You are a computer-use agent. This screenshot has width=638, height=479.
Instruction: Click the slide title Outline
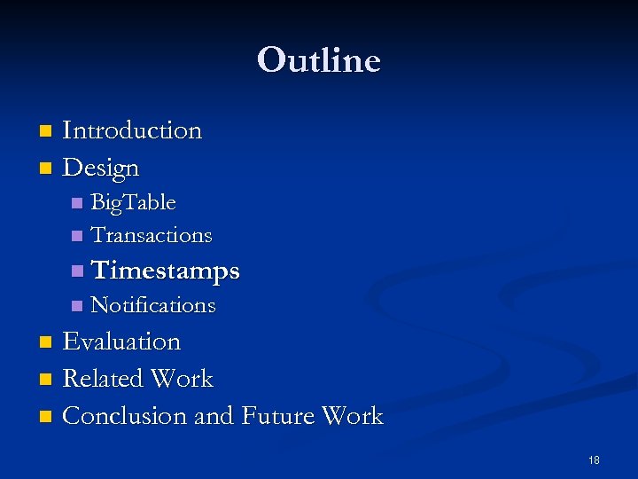click(x=319, y=60)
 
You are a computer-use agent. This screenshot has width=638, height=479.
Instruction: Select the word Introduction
click(x=132, y=130)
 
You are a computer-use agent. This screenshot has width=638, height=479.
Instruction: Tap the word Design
click(x=101, y=167)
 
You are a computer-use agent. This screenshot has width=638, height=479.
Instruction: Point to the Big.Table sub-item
click(x=133, y=203)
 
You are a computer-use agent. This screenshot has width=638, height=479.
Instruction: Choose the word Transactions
click(x=152, y=235)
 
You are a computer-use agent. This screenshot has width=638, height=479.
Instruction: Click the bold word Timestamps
click(x=165, y=270)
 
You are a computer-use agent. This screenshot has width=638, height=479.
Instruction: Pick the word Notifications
click(x=153, y=305)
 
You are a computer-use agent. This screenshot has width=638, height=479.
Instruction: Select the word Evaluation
click(x=121, y=342)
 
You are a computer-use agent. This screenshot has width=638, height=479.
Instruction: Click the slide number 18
click(x=594, y=460)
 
